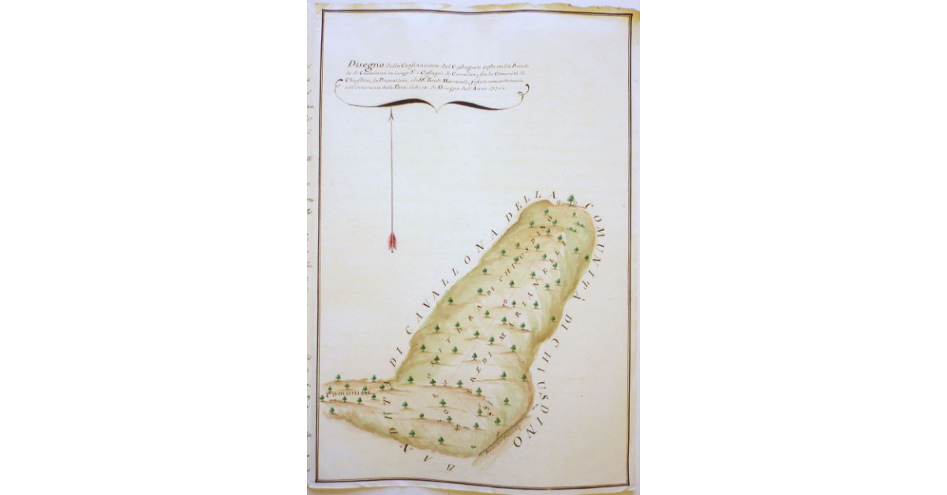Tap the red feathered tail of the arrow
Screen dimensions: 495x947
392,241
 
